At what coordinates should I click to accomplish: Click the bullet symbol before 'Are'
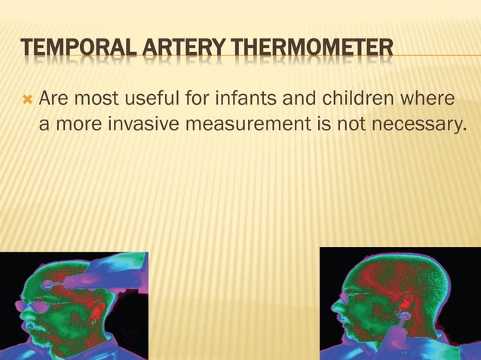[27, 99]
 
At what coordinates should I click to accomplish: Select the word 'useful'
[154, 99]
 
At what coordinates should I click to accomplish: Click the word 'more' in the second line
[76, 124]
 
